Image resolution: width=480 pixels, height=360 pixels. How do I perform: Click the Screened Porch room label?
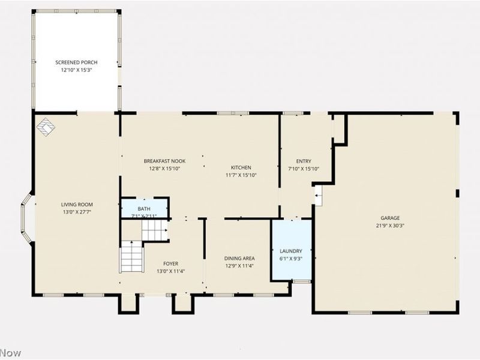click(x=76, y=62)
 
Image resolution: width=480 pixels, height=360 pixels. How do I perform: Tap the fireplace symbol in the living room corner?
click(x=46, y=127)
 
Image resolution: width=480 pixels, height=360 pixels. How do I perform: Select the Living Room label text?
click(x=77, y=205)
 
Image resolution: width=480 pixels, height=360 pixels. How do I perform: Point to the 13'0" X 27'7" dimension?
click(x=77, y=212)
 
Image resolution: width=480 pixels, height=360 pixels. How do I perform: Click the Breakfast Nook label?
click(x=164, y=161)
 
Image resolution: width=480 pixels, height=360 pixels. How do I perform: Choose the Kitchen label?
click(x=241, y=167)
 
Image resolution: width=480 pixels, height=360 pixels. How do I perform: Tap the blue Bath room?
click(x=145, y=208)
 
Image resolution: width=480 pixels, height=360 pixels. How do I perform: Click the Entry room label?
click(x=304, y=161)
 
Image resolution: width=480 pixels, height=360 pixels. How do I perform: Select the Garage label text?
click(x=390, y=218)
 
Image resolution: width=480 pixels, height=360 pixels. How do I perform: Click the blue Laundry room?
click(x=292, y=250)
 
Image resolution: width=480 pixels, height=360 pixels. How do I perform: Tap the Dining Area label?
click(x=239, y=259)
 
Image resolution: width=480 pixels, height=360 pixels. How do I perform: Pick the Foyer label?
click(x=170, y=263)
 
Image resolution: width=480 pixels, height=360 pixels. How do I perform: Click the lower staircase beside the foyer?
click(x=131, y=256)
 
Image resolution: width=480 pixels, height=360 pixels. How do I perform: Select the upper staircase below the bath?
click(x=154, y=230)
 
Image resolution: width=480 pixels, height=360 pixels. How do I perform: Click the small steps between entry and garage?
click(x=319, y=196)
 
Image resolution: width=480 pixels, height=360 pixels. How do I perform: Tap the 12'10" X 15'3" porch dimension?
click(x=76, y=70)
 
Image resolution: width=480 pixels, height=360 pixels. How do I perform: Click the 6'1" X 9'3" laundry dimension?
click(x=291, y=259)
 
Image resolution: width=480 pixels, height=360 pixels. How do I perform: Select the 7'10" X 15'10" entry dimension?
click(x=304, y=169)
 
